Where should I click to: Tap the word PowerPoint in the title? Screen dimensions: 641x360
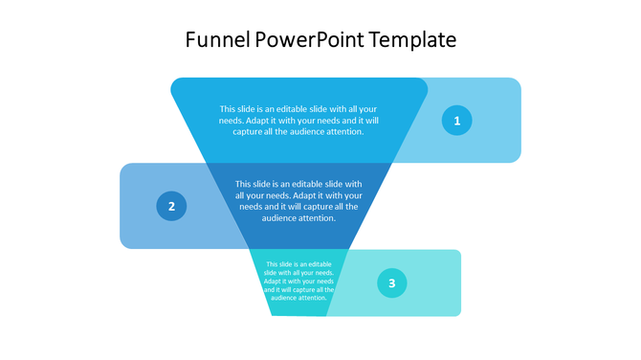310,40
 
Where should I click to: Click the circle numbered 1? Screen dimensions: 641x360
456,121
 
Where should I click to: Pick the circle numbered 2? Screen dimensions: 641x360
171,206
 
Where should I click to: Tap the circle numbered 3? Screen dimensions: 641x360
391,283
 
